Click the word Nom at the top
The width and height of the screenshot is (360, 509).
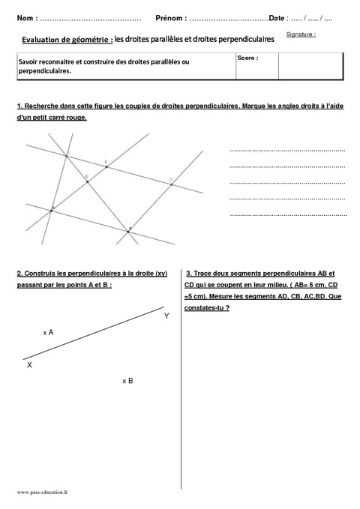[x=24, y=17]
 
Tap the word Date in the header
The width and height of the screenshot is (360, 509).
[x=277, y=17]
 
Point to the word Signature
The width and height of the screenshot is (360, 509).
[x=300, y=34]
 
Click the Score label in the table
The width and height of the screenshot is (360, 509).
[x=247, y=58]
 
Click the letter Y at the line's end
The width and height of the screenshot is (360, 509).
[x=166, y=316]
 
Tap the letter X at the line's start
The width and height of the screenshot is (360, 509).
[x=29, y=364]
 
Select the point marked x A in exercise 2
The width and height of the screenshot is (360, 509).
[x=48, y=331]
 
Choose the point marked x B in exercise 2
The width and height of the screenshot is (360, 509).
[x=127, y=381]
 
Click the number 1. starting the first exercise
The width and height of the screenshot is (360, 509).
[x=19, y=107]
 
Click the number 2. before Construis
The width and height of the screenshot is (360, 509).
[x=19, y=274]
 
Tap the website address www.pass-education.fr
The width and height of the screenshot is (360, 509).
[x=42, y=493]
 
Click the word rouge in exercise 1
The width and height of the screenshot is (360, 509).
[x=76, y=118]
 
